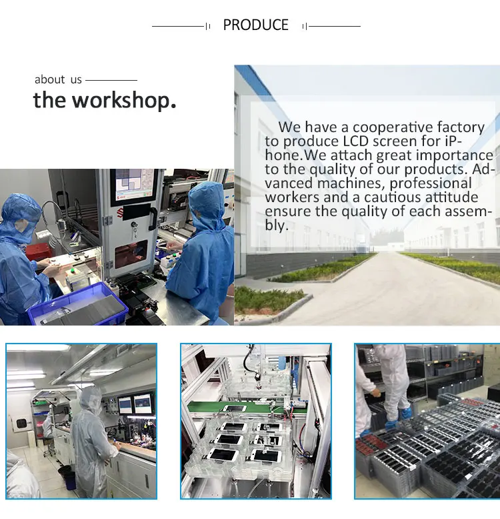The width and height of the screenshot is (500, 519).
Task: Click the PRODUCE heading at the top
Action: tap(255, 25)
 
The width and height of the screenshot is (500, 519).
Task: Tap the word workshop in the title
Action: tap(124, 100)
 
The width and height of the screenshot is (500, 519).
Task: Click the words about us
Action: tap(58, 79)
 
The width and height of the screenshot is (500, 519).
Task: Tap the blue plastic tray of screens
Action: tap(79, 304)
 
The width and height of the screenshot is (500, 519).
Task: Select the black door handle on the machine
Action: tap(153, 219)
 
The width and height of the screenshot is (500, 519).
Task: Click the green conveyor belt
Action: tap(244, 407)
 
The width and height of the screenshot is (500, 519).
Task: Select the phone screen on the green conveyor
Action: tap(235, 408)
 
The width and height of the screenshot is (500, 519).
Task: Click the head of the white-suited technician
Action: tap(91, 400)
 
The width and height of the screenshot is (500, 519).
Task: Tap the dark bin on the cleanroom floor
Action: tap(68, 477)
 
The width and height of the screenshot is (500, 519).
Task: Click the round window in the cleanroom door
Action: tap(21, 424)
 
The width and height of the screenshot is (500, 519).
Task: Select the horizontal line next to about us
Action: tap(111, 80)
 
